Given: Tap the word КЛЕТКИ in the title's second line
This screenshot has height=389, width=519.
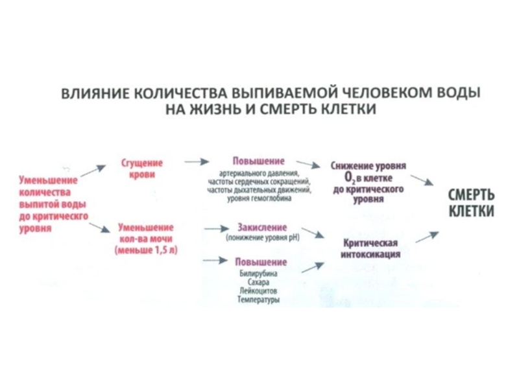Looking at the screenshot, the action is pos(350,108).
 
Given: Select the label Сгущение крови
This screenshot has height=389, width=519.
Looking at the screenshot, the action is pos(142,169).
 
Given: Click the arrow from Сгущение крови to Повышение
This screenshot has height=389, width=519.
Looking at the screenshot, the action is pos(196,160).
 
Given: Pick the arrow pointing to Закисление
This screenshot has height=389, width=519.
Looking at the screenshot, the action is pos(215,228).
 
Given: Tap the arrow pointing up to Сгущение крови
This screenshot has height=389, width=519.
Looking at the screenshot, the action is pos(93,170).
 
